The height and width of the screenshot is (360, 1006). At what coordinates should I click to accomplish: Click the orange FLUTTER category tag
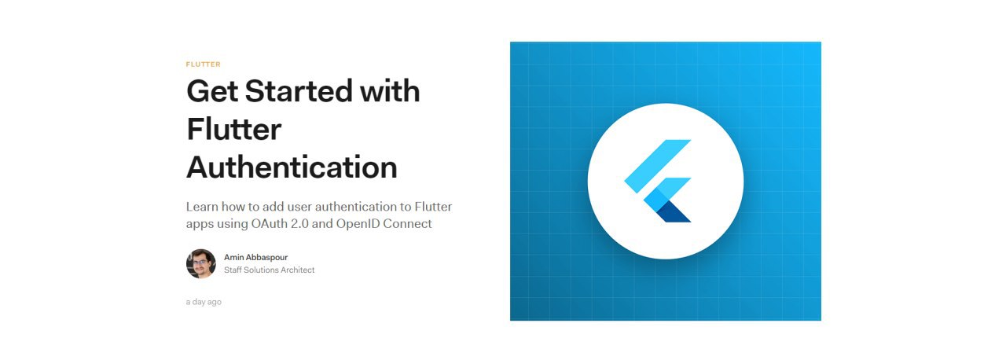[203, 64]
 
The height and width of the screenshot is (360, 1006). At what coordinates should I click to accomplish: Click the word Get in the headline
[212, 91]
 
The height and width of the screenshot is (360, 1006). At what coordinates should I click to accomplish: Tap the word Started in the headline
[298, 91]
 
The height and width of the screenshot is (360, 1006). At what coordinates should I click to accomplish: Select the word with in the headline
[390, 91]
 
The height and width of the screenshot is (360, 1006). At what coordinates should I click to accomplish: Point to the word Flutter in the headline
[234, 129]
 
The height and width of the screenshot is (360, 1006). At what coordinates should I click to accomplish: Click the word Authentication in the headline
[292, 167]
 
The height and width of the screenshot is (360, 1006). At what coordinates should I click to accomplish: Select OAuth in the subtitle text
[269, 223]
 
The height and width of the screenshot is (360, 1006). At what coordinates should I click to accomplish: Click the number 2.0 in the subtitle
[299, 223]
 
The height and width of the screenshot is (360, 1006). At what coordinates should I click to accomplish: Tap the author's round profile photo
[201, 263]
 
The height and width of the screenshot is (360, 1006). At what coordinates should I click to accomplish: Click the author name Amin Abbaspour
[256, 257]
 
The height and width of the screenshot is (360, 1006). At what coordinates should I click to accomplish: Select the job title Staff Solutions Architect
[270, 270]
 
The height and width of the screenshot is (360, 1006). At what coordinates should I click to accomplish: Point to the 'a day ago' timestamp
[204, 302]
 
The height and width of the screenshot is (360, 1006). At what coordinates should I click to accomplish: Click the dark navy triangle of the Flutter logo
[674, 214]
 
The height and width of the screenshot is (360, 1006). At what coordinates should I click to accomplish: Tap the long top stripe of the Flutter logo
[658, 166]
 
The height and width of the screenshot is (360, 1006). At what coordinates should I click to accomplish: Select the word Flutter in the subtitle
[433, 207]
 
